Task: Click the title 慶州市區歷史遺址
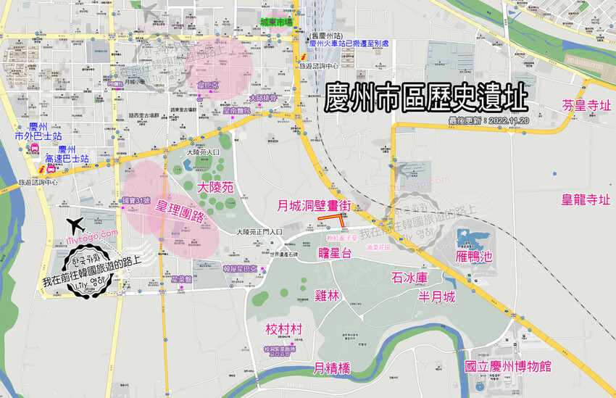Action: click(426, 97)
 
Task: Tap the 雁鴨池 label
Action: click(475, 256)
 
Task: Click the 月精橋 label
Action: click(332, 368)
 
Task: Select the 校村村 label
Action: click(284, 329)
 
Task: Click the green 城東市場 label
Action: click(277, 22)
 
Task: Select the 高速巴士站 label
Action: click(67, 158)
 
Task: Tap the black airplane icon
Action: click(75, 223)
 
